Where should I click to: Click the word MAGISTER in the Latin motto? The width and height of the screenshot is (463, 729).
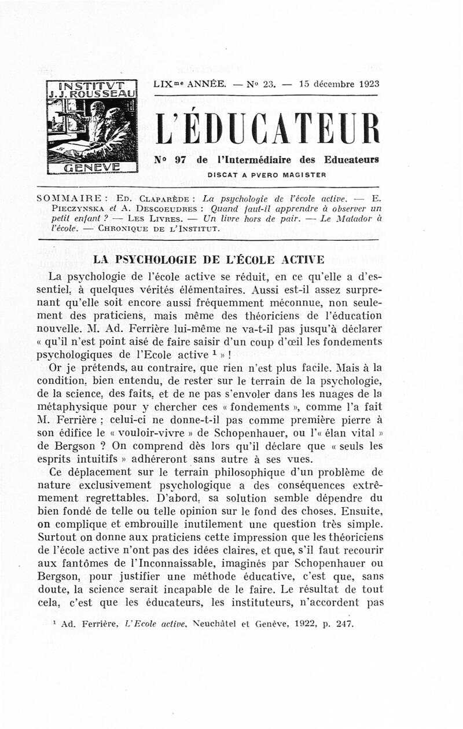303,174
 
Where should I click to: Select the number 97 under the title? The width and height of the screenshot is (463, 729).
180,160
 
